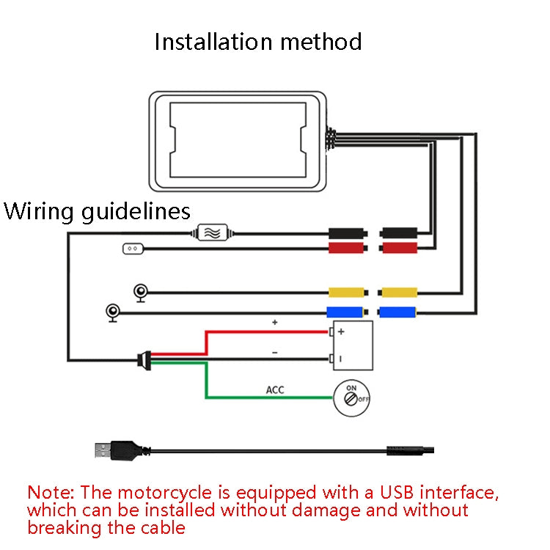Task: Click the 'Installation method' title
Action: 258,41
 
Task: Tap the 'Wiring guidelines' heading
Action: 97,212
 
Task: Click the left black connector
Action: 346,234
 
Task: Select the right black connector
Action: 400,234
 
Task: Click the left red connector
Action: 346,249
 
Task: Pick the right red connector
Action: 400,249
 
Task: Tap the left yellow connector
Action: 346,292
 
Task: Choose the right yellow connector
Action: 398,292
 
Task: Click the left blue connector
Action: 346,312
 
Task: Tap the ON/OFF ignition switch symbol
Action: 352,397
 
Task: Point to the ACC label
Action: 275,389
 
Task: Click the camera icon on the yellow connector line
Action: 140,293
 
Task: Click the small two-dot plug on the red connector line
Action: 132,249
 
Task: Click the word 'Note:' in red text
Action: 51,492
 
